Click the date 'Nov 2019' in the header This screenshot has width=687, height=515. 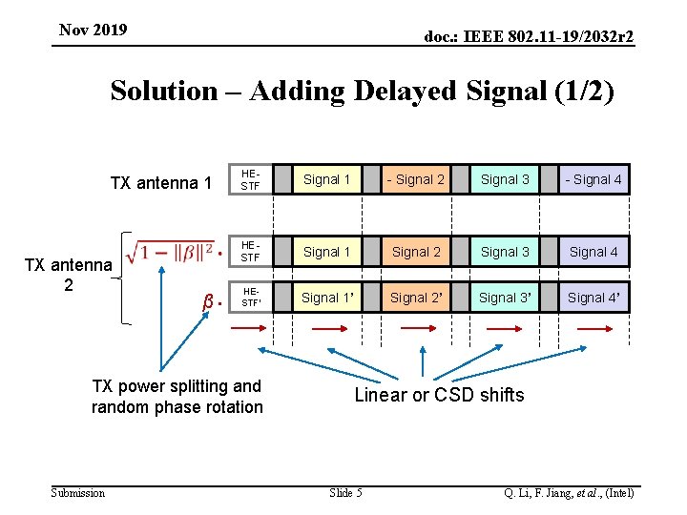tap(93, 31)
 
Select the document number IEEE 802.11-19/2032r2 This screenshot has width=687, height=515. tap(529, 36)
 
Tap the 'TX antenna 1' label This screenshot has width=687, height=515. tap(161, 182)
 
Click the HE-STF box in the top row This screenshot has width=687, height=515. tap(250, 179)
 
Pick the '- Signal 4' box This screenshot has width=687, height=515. tap(593, 179)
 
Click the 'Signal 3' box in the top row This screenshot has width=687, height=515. tap(505, 179)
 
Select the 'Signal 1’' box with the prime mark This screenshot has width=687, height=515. tap(327, 298)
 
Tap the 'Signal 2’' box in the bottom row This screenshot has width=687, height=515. tap(416, 298)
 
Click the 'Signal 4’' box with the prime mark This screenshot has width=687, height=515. tap(593, 298)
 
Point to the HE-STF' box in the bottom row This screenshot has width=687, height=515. tap(250, 298)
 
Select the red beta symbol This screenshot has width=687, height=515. tap(208, 302)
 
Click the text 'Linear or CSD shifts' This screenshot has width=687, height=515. tap(439, 395)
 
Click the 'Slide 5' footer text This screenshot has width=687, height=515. tap(345, 492)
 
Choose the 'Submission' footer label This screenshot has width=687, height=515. tap(78, 492)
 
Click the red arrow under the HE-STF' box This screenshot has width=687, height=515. tap(250, 327)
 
